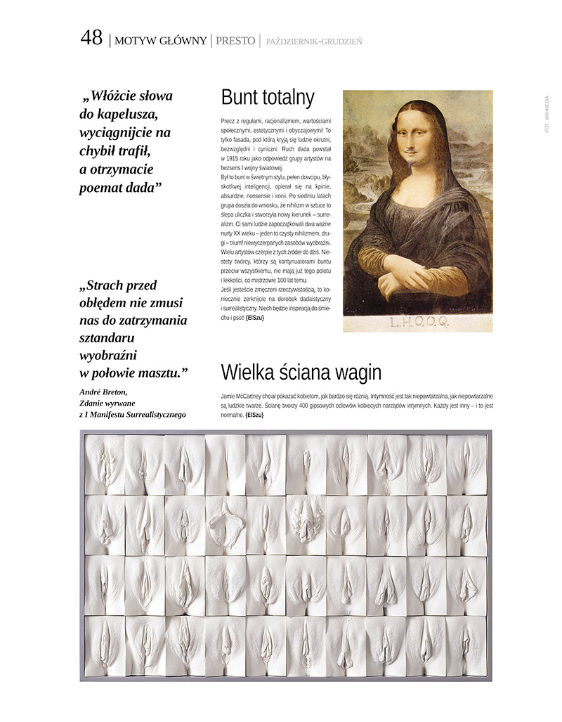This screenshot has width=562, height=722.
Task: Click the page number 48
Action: point(91,38)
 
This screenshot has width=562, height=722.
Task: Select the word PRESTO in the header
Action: point(235,41)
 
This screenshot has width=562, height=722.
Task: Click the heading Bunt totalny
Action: point(267,98)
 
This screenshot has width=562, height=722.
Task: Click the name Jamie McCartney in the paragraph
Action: point(244,397)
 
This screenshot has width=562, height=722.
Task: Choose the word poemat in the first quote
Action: point(103,187)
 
